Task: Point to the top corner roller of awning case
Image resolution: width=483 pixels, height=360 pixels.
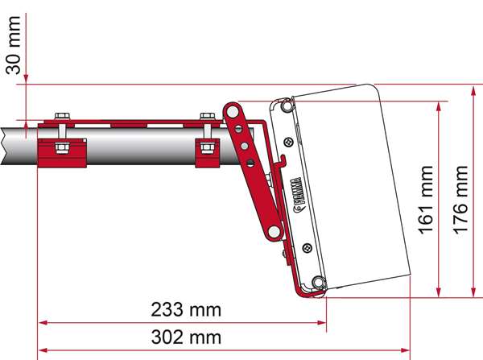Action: click(x=285, y=105)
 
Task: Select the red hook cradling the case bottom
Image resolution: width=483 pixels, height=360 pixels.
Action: click(x=306, y=290)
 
